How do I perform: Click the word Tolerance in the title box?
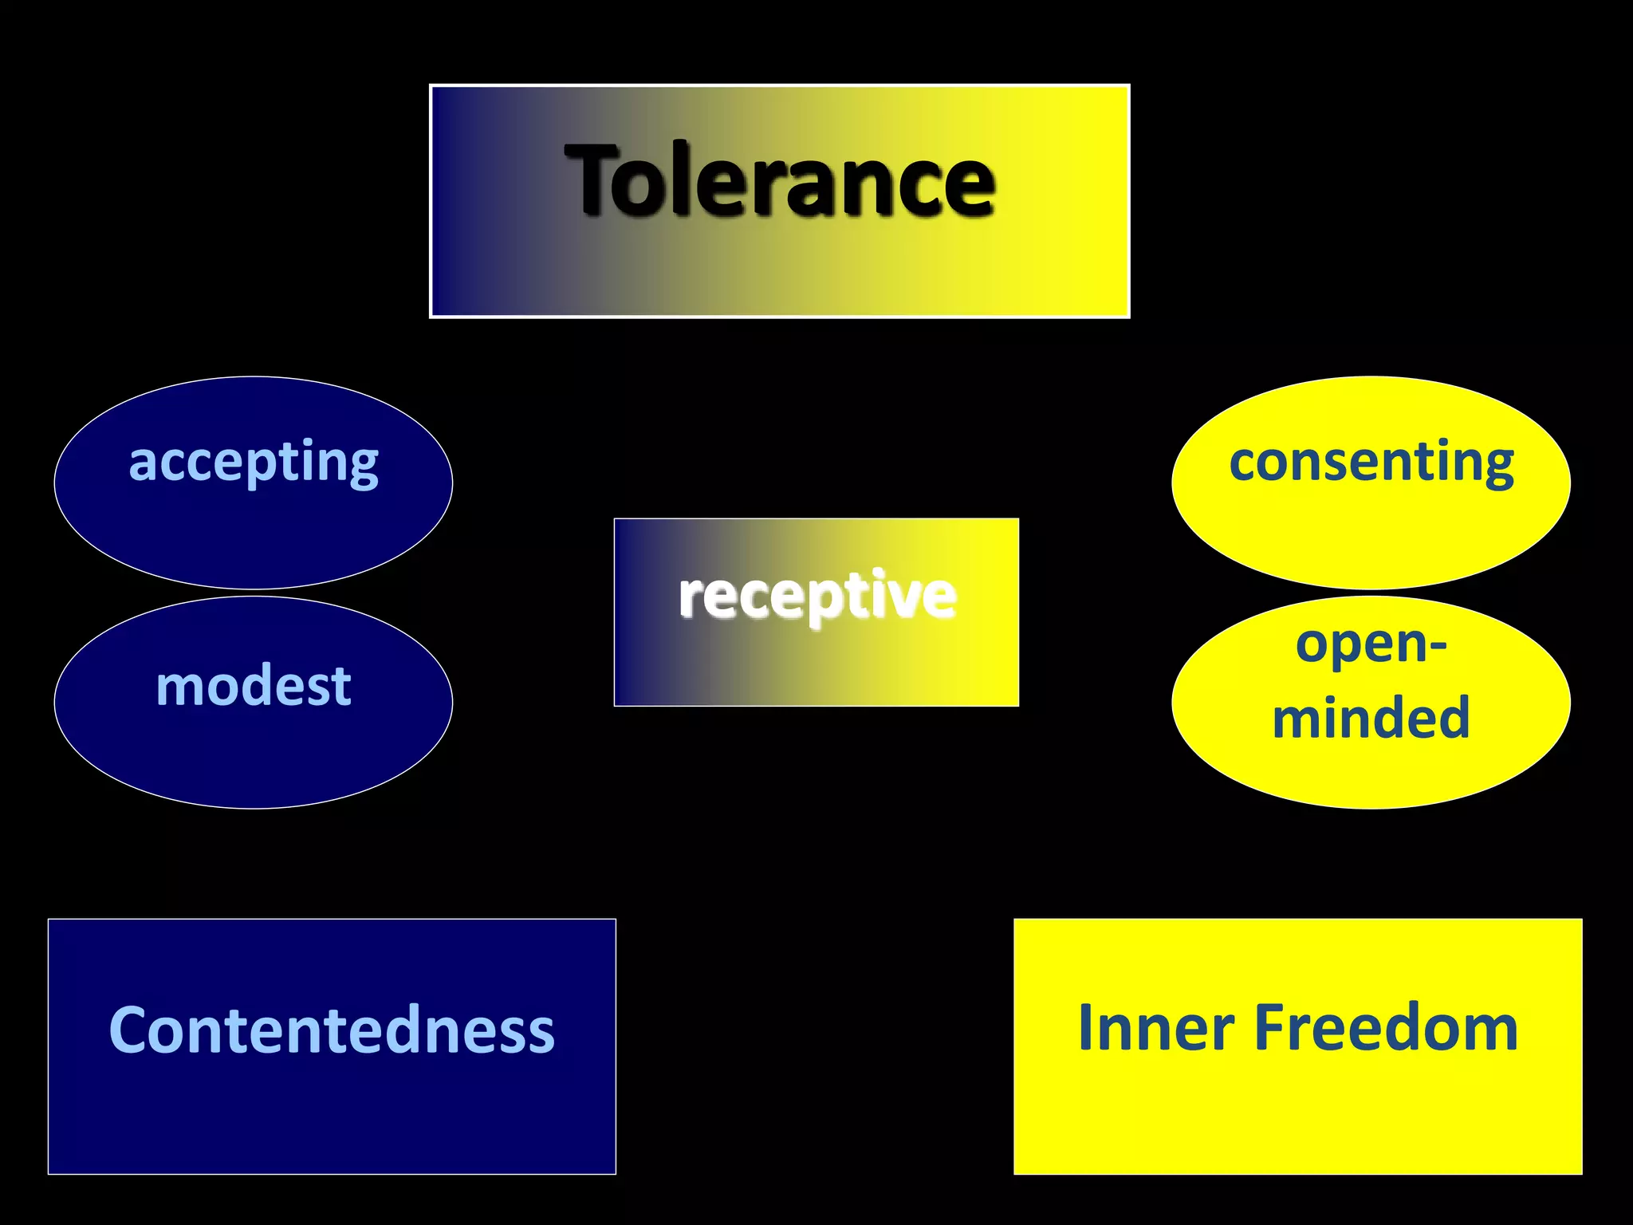779,180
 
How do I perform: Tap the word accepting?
254,462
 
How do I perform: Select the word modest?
254,686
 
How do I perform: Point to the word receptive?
816,595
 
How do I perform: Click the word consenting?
1371,462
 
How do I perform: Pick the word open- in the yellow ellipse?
1371,644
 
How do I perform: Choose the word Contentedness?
332,1030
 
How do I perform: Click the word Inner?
1155,1028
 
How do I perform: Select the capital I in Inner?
1087,1028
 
